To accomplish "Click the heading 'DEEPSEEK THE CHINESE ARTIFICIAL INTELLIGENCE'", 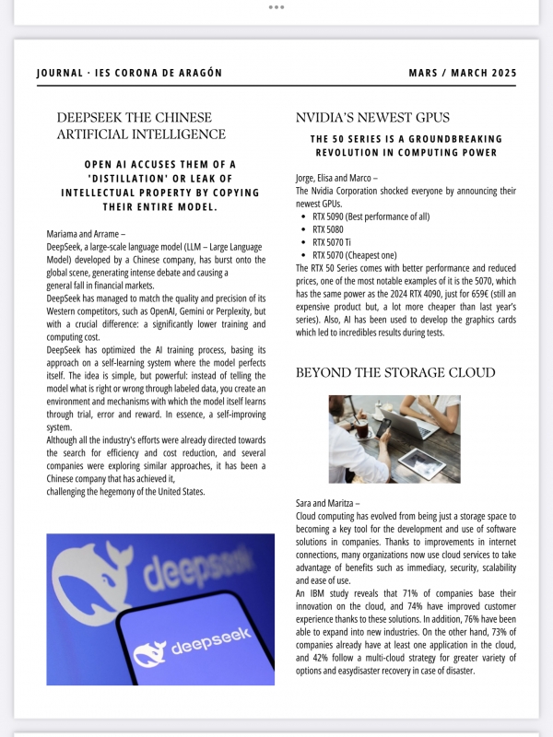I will point(141,126).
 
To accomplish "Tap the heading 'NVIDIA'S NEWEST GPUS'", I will point(372,118).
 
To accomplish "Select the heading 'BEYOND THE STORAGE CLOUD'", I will point(395,373).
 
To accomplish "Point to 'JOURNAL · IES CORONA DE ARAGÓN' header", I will point(129,74).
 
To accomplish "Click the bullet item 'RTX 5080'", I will point(328,229).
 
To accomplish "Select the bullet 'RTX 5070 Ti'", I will point(332,242).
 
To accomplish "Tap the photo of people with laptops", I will point(394,439).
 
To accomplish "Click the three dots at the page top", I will point(276,6).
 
